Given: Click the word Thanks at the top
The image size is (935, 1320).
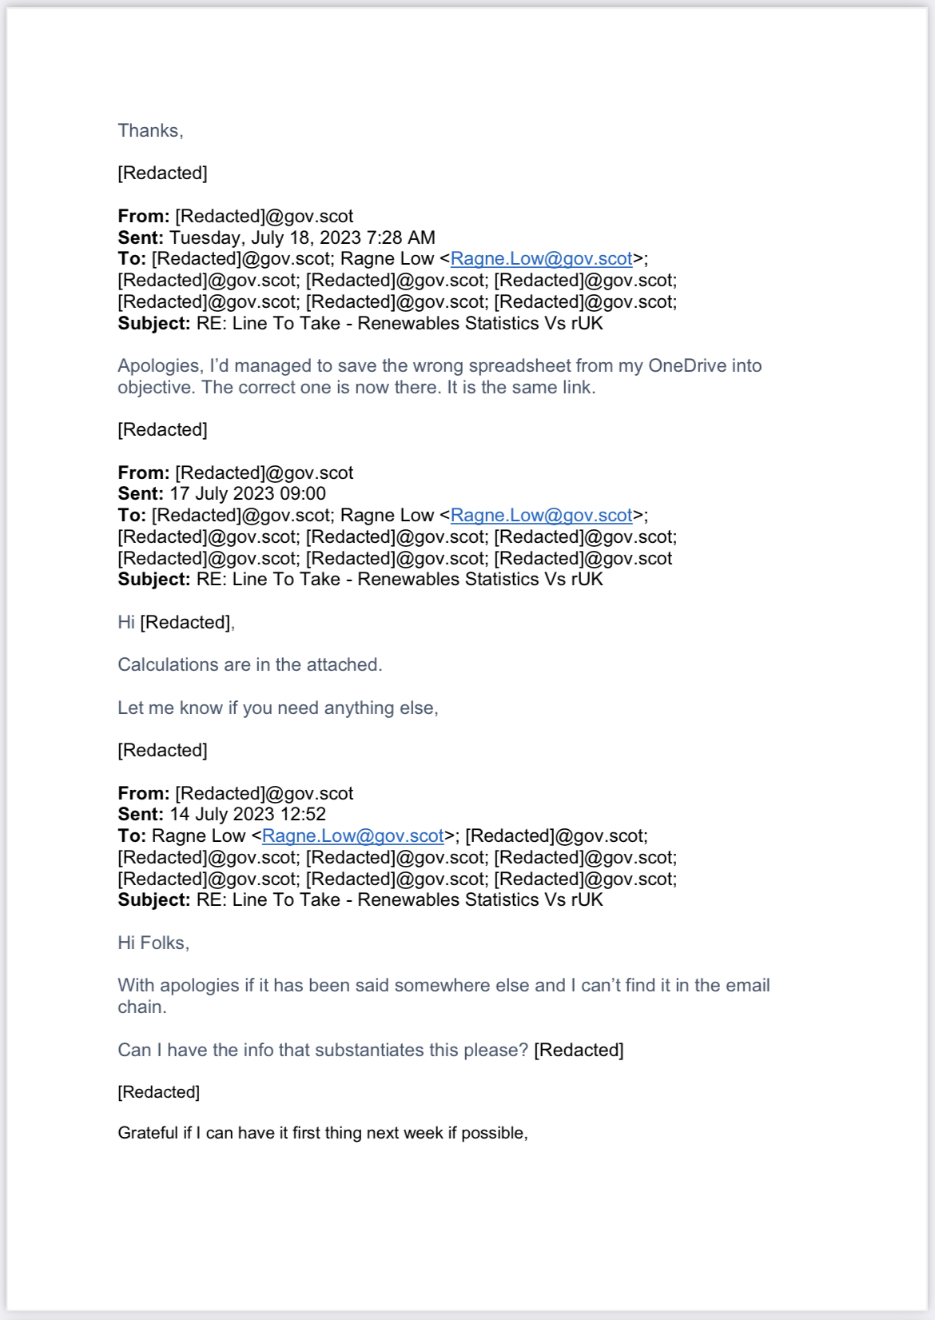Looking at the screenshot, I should (x=149, y=130).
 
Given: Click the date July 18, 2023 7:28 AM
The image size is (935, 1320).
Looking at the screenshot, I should (x=302, y=237).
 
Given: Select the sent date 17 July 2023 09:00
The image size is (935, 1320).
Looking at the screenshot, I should (x=248, y=493).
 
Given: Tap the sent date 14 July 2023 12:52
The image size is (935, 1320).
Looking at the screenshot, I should (x=248, y=814).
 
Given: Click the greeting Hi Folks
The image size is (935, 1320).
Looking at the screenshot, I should (x=153, y=943).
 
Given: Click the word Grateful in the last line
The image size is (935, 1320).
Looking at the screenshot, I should (x=148, y=1133).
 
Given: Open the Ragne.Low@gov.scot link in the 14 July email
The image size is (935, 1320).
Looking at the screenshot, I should (x=352, y=835).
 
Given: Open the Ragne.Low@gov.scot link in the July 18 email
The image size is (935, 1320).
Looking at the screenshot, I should (x=541, y=258).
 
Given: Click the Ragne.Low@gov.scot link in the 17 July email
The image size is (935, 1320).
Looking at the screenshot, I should (x=541, y=515).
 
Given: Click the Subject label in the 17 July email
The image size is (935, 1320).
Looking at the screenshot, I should (x=153, y=579).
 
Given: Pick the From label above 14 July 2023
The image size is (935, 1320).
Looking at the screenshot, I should (x=143, y=793).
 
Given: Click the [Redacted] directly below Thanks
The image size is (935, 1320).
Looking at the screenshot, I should (x=162, y=173).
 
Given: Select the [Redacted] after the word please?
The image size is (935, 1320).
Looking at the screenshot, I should (x=579, y=1050).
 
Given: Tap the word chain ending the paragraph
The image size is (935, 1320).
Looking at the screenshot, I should (x=141, y=1007).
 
